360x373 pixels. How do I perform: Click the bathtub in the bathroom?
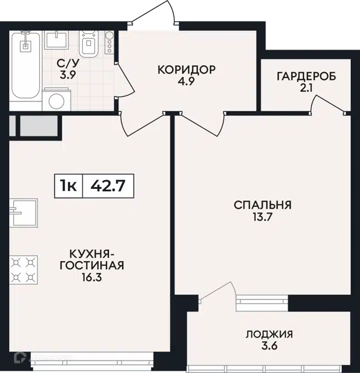26,65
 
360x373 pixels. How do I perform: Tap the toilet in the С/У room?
89,44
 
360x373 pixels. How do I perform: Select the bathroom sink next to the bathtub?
57,40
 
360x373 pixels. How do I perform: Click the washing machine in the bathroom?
57,100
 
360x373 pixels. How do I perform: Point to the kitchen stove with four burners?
23,270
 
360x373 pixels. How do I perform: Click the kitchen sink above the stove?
23,213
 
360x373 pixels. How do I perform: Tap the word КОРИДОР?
187,70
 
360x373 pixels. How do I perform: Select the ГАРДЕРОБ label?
306,76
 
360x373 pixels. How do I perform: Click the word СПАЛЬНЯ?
263,205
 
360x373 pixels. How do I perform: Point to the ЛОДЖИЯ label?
270,334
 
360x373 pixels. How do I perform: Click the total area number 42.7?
108,186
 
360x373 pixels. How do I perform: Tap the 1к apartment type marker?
68,186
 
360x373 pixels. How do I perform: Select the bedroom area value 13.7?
263,217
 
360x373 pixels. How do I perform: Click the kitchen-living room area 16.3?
92,277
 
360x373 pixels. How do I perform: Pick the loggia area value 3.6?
270,346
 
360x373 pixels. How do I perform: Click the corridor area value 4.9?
187,82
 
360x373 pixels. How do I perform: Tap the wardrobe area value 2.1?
306,88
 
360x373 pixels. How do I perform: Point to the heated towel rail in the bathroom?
109,42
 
